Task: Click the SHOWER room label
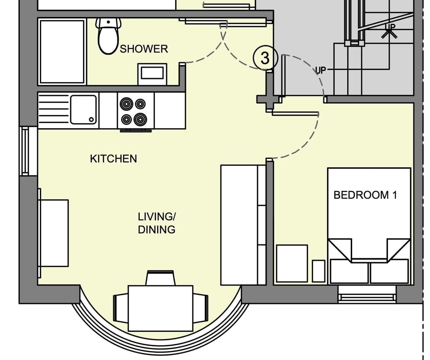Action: coord(144,49)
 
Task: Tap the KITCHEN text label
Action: coord(113,159)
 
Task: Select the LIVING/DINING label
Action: coord(156,223)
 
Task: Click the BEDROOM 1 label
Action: coord(365,195)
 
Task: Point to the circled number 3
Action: coord(265,58)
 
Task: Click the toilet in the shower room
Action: coord(108,35)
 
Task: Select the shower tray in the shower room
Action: coord(62,51)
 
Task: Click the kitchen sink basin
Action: coord(84,109)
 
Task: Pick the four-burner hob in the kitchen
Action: coord(133,111)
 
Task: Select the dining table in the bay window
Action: coord(160,308)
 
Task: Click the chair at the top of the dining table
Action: coord(160,278)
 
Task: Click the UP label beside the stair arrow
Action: coord(321,70)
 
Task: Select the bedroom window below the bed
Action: coord(367,297)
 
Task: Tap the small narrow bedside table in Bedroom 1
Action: coord(318,271)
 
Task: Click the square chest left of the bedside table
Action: coord(292,263)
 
